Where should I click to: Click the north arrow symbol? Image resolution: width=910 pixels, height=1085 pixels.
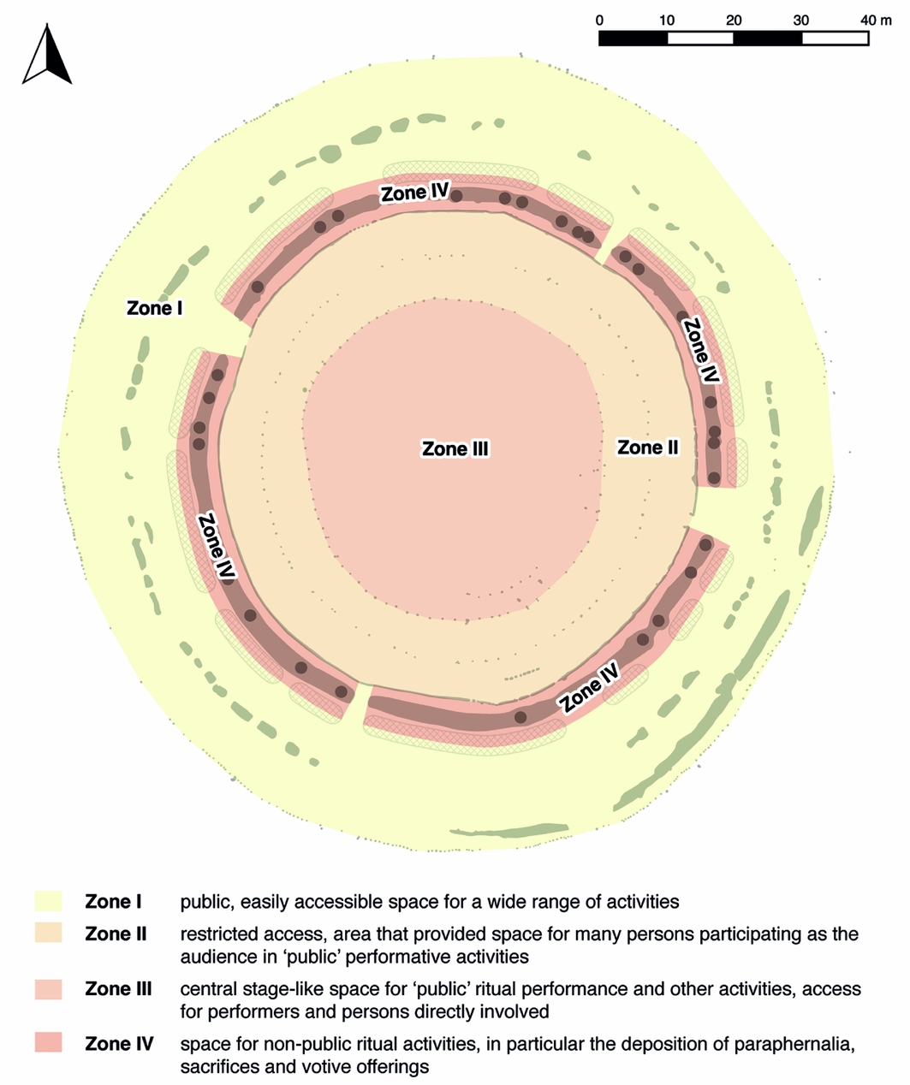click(x=47, y=56)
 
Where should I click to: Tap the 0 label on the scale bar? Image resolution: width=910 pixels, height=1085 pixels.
click(x=599, y=20)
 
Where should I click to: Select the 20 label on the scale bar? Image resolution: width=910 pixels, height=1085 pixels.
click(x=734, y=20)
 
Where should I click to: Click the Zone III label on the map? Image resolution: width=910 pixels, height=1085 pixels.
click(x=455, y=449)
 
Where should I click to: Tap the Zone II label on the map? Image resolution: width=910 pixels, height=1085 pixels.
click(x=647, y=448)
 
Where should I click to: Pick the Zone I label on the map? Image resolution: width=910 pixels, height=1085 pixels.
click(x=155, y=308)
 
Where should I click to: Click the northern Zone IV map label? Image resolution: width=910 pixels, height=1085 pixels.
click(x=415, y=193)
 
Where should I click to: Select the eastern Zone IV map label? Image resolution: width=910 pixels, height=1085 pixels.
click(x=700, y=350)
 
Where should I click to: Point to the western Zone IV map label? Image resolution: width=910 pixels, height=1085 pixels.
click(x=216, y=548)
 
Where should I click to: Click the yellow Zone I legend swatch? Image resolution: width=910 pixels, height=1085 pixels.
click(x=49, y=902)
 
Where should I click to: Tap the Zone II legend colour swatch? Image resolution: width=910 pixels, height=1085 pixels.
click(x=49, y=934)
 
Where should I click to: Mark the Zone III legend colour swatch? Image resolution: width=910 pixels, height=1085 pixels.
click(x=49, y=990)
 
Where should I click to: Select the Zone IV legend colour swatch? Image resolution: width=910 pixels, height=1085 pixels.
click(x=49, y=1044)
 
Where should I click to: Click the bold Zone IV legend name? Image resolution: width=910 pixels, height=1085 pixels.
click(x=119, y=1044)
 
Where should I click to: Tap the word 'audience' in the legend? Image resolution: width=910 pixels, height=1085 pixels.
click(x=214, y=957)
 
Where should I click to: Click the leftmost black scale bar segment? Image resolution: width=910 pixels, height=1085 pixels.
click(x=633, y=39)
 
